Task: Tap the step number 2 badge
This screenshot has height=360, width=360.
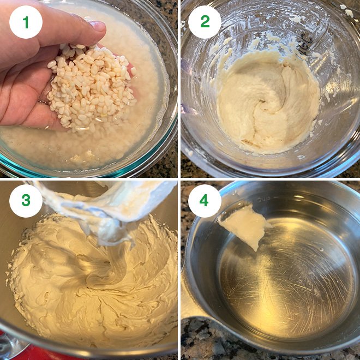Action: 205,22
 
